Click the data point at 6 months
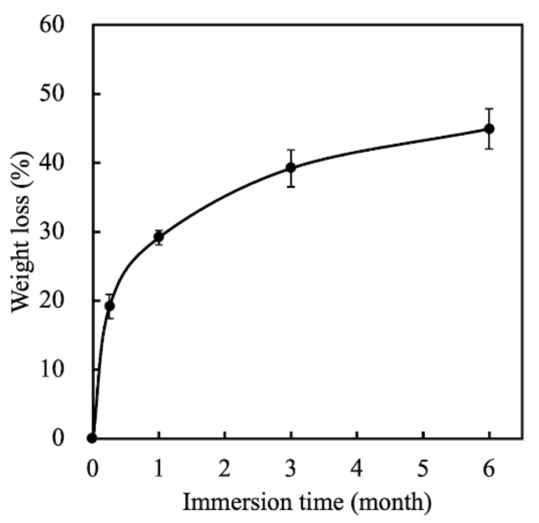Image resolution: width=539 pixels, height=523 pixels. point(489,129)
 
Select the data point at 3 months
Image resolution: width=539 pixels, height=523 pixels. point(291,168)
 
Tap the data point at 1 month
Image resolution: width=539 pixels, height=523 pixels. point(159,237)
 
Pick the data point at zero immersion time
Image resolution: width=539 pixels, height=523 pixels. point(92,438)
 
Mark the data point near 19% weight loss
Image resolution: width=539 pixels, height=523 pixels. point(110,306)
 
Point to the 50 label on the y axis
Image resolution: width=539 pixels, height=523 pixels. point(52,95)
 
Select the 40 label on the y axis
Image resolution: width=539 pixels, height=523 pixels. point(52,163)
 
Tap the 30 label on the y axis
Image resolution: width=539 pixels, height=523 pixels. point(52,232)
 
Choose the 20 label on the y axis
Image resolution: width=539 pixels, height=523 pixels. point(52,301)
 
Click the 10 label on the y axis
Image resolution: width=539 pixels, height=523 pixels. point(52,369)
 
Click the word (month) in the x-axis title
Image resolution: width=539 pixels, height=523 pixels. point(391,503)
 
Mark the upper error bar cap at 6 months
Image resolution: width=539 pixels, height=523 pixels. point(489,109)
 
